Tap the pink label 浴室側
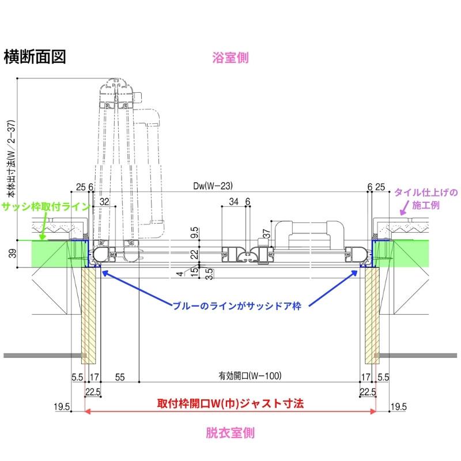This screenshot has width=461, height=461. pyautogui.click(x=230, y=58)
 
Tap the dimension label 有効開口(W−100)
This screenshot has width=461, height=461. pyautogui.click(x=250, y=376)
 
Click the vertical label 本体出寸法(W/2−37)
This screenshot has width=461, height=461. pyautogui.click(x=12, y=152)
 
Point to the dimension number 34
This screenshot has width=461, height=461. pyautogui.click(x=233, y=202)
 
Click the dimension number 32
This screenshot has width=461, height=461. pyautogui.click(x=104, y=202)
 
